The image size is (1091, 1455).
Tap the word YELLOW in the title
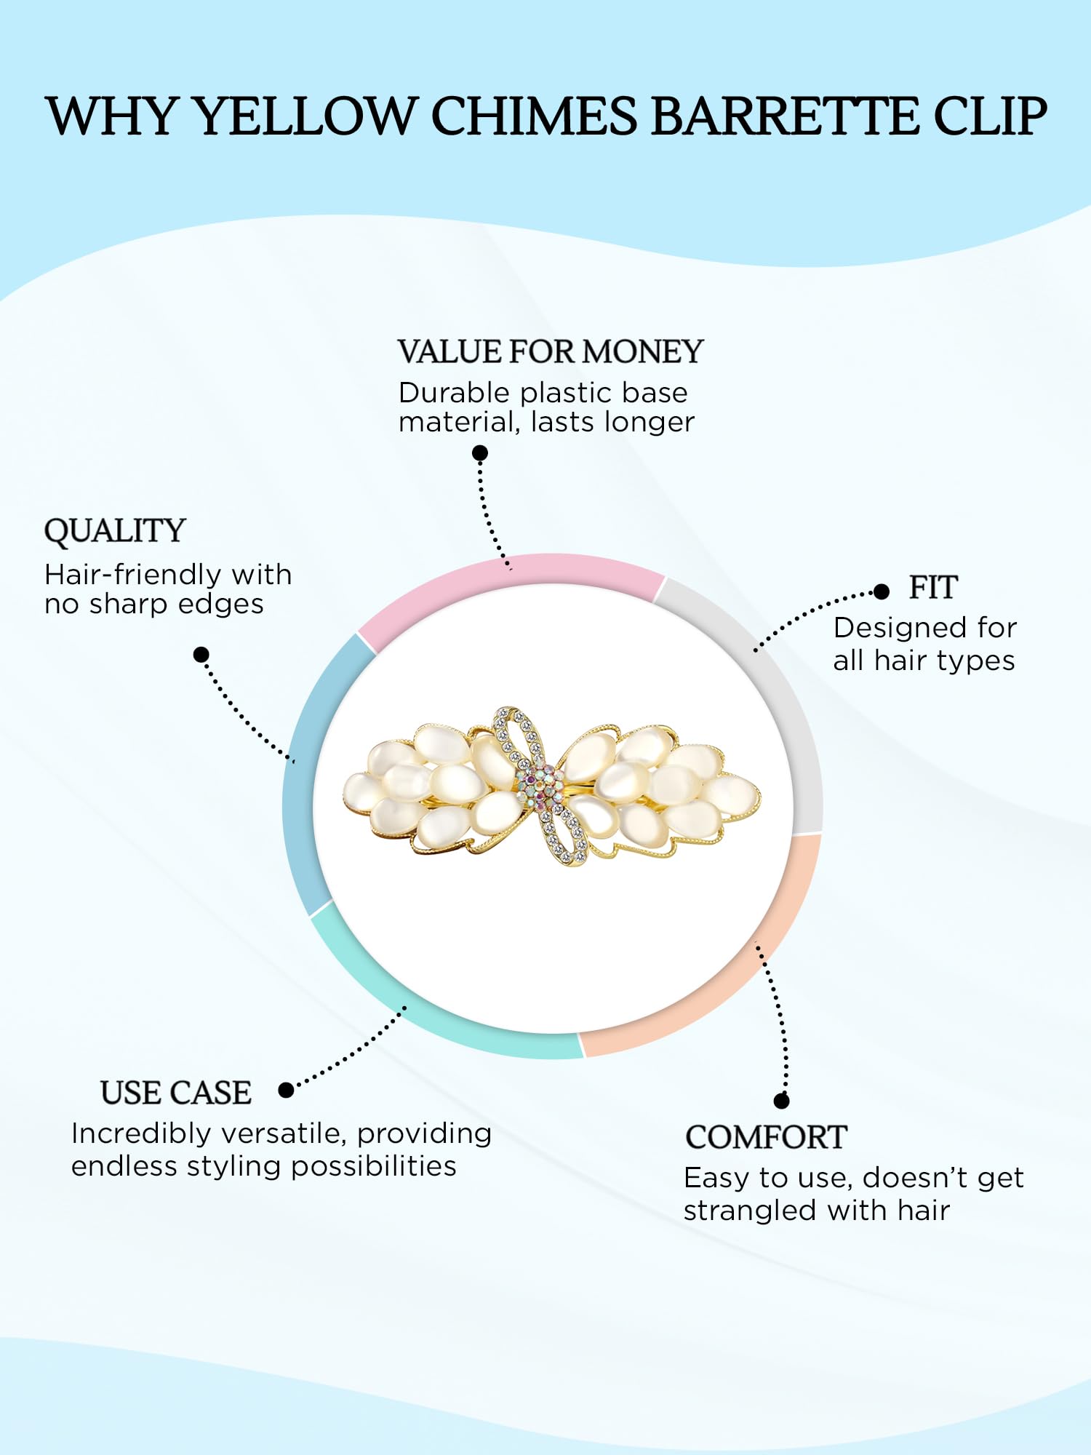(x=303, y=116)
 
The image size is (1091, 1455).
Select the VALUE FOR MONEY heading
(x=551, y=352)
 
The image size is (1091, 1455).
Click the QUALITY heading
(x=115, y=531)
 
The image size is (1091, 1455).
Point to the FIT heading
(x=933, y=588)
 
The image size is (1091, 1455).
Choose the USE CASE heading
(x=176, y=1093)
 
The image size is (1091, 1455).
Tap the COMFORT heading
(x=766, y=1138)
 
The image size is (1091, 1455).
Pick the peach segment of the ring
(x=735, y=975)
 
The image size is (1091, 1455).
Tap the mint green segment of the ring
(x=429, y=1011)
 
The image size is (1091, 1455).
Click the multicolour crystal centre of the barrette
(x=540, y=785)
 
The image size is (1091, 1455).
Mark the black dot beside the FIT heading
(x=882, y=591)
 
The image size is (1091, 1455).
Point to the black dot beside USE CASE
(x=287, y=1090)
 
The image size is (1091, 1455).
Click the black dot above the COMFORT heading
(x=782, y=1101)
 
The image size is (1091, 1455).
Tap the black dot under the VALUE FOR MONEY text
(x=480, y=453)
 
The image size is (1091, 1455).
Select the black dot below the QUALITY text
(x=201, y=655)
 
